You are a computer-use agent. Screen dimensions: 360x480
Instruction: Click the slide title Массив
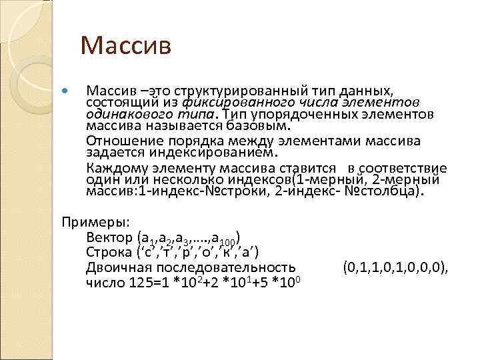click(126, 46)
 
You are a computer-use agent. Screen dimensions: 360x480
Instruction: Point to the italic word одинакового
click(121, 114)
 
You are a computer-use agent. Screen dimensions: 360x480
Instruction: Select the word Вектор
click(109, 237)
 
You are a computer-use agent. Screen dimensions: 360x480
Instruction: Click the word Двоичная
click(118, 267)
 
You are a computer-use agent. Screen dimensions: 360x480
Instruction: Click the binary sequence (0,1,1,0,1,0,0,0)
click(396, 267)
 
